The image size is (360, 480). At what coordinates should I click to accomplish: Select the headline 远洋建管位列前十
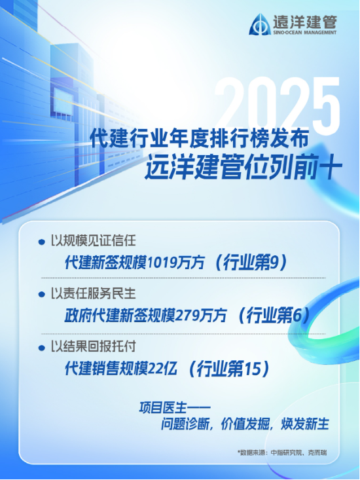click(243, 167)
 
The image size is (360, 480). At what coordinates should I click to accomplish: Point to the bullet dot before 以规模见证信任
click(43, 240)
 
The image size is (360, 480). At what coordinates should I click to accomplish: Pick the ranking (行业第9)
click(251, 263)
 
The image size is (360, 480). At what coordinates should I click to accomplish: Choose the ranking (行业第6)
click(274, 316)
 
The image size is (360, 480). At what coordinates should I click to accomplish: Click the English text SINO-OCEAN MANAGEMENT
click(305, 31)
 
